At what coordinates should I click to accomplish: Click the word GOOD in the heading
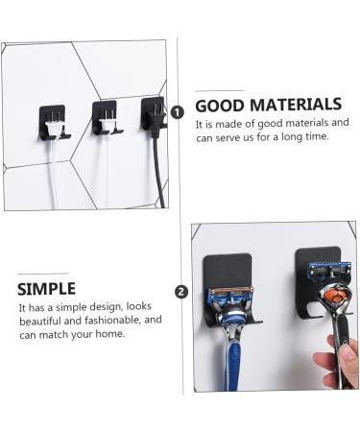221,106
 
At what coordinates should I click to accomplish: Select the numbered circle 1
178,111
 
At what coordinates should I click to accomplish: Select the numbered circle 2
182,292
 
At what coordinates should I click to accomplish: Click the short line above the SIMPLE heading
42,274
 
